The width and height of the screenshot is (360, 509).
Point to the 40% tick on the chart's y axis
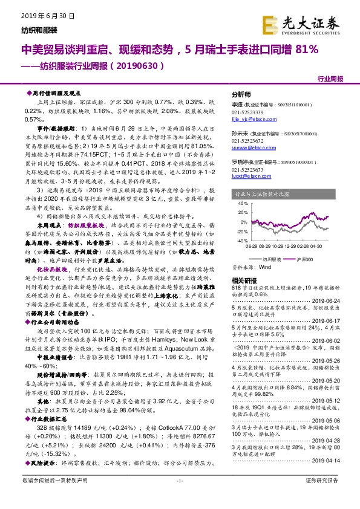tap(241, 203)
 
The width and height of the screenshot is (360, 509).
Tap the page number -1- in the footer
tap(179, 498)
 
